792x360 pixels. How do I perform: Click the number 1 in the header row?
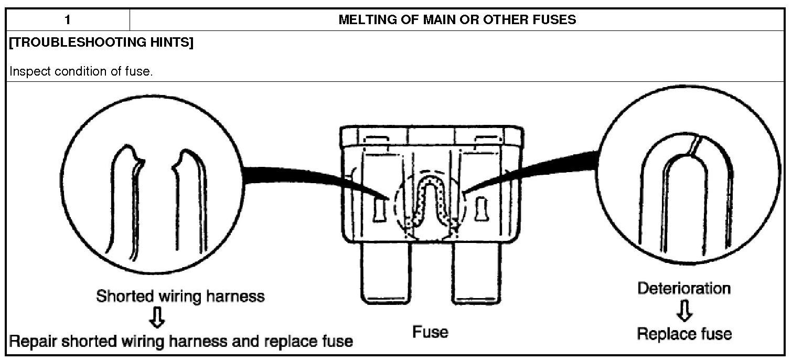pyautogui.click(x=68, y=20)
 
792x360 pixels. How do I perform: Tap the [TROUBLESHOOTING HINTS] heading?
pyautogui.click(x=101, y=43)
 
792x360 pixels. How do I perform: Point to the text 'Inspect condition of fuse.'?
pyautogui.click(x=81, y=71)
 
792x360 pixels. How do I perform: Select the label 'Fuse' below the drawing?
pyautogui.click(x=430, y=332)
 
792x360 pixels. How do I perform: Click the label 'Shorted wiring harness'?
pyautogui.click(x=180, y=296)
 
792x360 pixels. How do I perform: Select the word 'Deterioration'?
pyautogui.click(x=683, y=288)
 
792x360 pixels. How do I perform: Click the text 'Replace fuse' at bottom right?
pyautogui.click(x=683, y=334)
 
